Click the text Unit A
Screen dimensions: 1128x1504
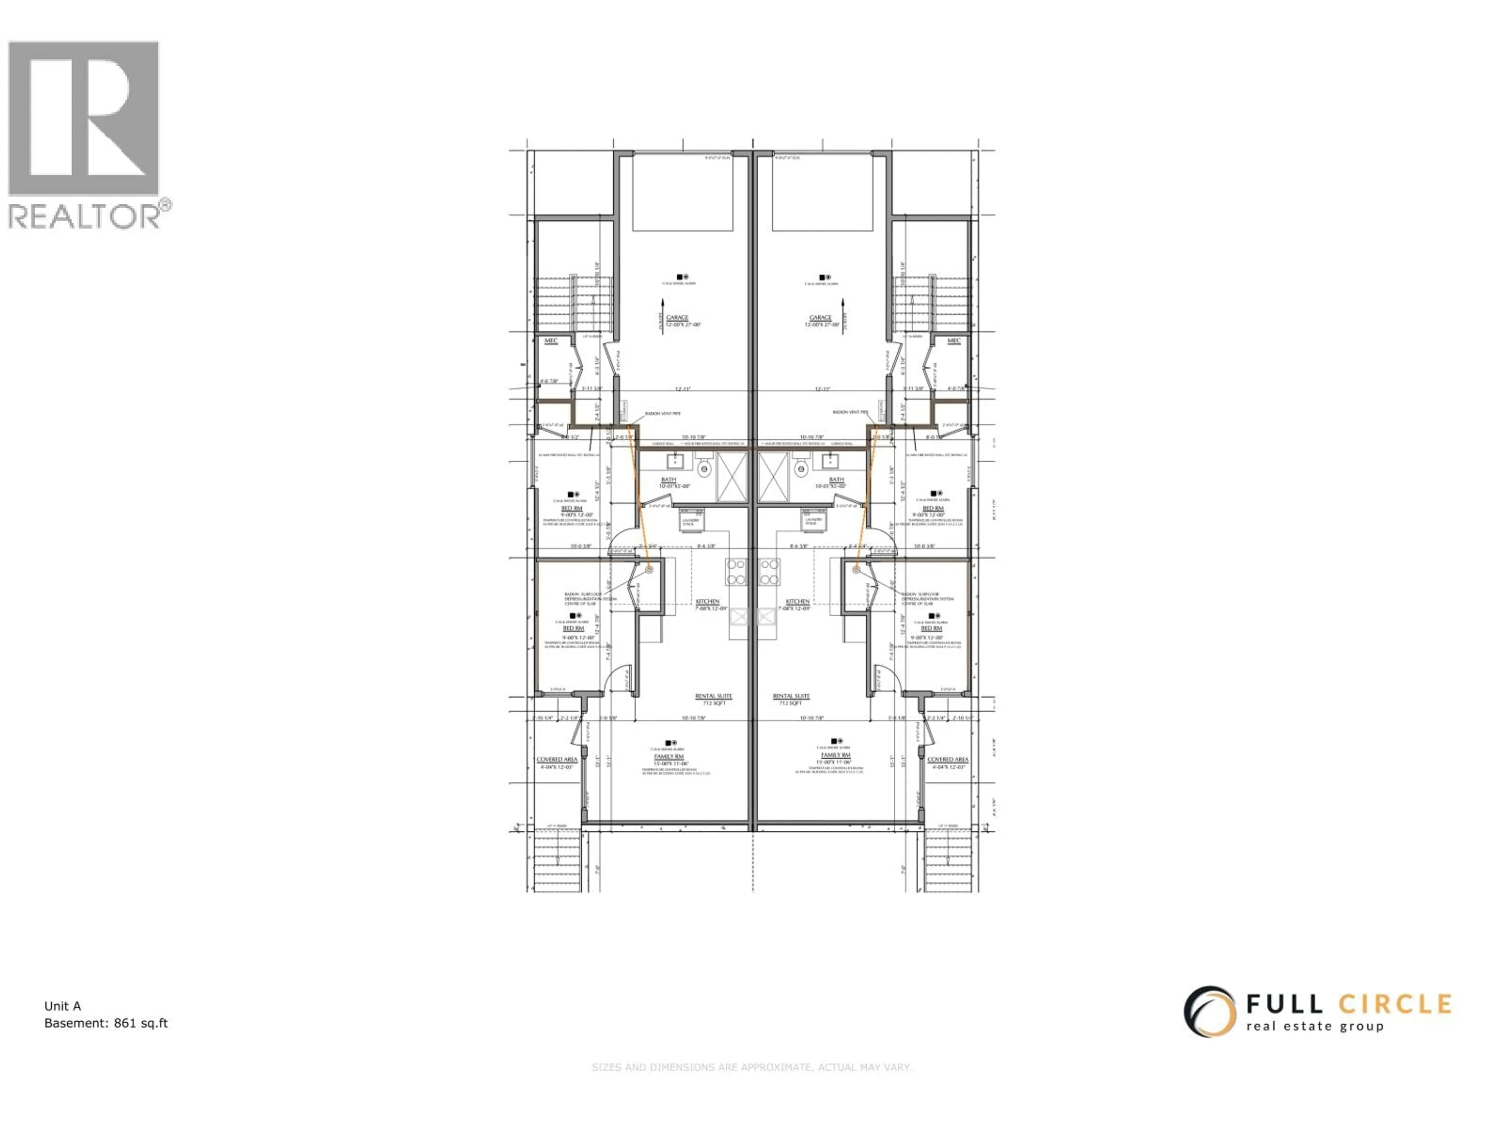point(63,1006)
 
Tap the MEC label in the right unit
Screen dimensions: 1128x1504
point(954,341)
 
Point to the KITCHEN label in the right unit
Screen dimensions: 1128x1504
point(797,602)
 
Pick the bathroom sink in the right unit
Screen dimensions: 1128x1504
point(830,462)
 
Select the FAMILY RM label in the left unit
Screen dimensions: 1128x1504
point(668,756)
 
